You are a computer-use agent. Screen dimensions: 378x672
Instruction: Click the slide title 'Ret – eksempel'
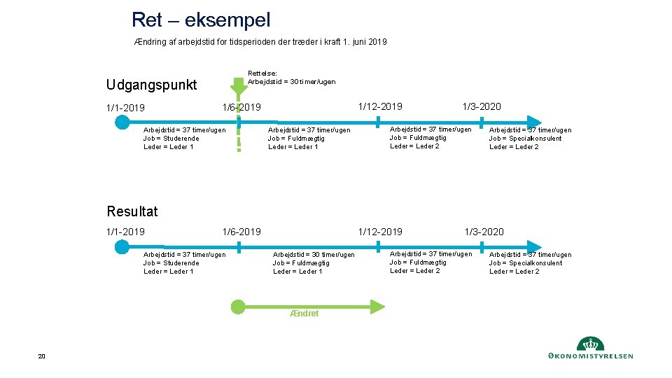[200, 20]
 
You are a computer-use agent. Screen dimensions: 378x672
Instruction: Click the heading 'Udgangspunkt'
[152, 85]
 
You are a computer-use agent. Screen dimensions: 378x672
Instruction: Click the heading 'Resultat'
[132, 211]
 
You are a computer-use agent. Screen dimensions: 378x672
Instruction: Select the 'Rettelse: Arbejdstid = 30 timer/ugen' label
[291, 77]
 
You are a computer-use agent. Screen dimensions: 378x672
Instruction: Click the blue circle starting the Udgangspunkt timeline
[122, 122]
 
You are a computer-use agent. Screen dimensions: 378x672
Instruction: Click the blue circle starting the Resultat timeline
[122, 246]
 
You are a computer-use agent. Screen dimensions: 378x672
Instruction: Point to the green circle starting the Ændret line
[238, 306]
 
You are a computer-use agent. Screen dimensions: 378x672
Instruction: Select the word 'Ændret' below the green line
[304, 314]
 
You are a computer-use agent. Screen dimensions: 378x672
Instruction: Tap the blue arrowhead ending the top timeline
[535, 122]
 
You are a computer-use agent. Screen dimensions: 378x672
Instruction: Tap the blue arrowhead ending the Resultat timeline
[535, 246]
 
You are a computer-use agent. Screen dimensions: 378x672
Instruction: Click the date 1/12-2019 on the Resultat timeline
[380, 232]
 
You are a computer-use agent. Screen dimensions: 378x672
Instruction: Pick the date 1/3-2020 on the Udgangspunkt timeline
[481, 106]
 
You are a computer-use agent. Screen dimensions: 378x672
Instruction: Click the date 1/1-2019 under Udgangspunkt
[125, 108]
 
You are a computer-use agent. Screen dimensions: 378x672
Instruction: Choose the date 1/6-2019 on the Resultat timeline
[241, 232]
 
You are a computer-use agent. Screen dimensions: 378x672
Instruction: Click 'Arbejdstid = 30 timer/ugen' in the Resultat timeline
[314, 255]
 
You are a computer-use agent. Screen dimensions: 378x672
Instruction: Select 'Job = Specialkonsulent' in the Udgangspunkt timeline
[525, 138]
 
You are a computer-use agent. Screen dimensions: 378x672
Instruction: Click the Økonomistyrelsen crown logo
[590, 344]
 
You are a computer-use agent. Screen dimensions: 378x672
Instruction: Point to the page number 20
[41, 357]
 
